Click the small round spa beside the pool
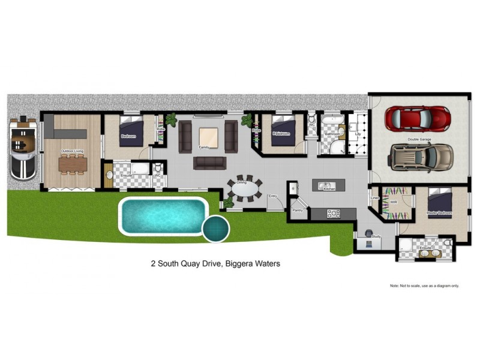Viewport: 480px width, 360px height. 216,229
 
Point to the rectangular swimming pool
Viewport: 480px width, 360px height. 164,214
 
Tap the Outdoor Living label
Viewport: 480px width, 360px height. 72,151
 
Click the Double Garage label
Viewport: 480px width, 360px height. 420,139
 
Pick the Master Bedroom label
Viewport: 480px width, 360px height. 439,213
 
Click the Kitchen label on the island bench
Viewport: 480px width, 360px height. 329,188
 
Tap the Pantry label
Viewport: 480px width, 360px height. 297,211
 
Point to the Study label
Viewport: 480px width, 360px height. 376,236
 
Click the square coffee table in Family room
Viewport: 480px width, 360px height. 209,137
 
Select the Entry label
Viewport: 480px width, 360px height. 272,196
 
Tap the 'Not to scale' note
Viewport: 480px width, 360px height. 424,286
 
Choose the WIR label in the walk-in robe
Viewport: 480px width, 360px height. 394,202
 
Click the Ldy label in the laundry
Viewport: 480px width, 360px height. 358,134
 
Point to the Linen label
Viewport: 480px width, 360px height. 375,197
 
